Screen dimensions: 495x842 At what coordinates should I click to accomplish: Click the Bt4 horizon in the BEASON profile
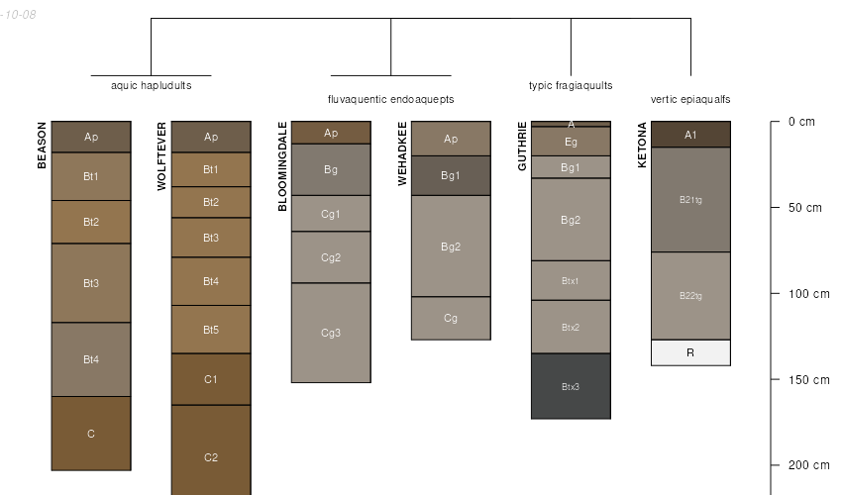(91, 359)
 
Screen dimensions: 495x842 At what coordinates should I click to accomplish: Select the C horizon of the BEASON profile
(91, 434)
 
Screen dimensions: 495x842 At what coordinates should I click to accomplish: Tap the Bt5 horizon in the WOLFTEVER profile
(211, 330)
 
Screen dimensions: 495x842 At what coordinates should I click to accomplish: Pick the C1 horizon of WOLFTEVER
(211, 379)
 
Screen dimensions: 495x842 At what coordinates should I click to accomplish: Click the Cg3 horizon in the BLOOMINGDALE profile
(331, 333)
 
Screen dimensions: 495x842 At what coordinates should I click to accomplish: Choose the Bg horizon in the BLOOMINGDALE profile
(331, 169)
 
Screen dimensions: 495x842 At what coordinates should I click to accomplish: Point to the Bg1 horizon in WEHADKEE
(451, 175)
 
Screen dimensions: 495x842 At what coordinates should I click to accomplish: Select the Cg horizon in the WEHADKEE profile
(451, 318)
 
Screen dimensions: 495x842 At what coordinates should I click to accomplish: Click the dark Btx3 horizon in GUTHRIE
(571, 386)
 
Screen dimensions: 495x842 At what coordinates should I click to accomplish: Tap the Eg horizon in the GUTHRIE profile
(571, 142)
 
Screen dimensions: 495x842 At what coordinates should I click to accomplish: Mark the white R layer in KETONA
(690, 352)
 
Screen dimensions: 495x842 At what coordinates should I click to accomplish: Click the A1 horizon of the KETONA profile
(690, 135)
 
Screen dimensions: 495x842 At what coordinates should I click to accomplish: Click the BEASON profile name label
(42, 146)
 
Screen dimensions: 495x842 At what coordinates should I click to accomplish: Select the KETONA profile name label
(642, 146)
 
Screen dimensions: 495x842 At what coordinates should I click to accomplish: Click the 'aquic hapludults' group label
(152, 85)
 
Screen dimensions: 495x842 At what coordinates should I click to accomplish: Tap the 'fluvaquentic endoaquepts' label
(391, 99)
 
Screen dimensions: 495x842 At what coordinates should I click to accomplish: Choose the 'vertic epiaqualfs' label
(690, 99)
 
